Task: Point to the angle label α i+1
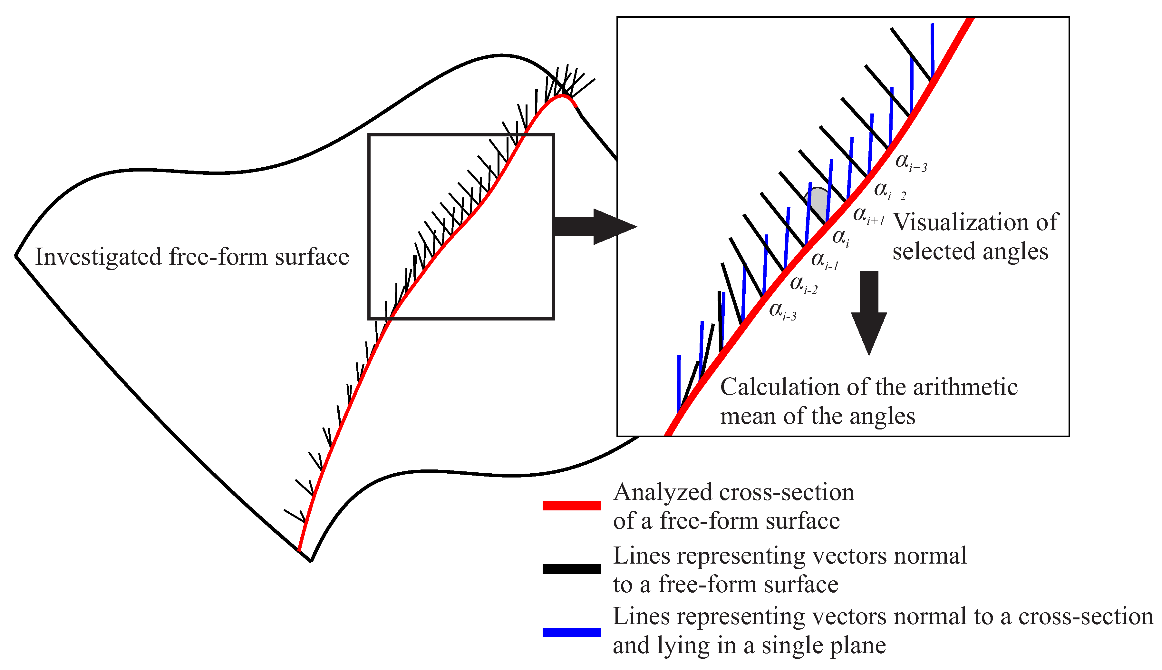click(x=868, y=216)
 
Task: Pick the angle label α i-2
click(x=803, y=285)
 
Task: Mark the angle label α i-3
click(x=782, y=311)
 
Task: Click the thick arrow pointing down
click(x=869, y=313)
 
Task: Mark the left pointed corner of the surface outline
click(x=16, y=256)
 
